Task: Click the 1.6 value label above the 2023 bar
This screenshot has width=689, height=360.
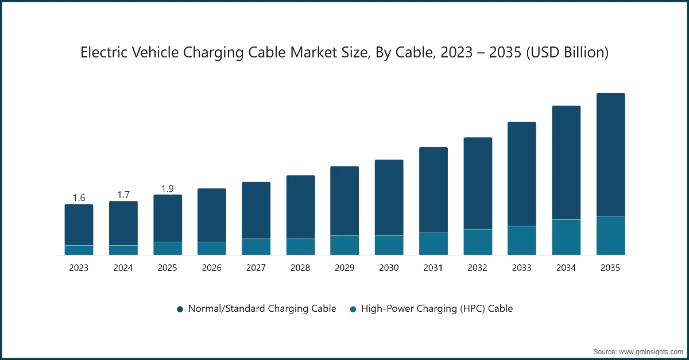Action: pos(79,198)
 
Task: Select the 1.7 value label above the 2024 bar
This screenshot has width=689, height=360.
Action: pos(123,195)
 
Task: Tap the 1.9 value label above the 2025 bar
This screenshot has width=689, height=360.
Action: pos(168,188)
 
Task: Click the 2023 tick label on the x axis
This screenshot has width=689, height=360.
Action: pos(79,268)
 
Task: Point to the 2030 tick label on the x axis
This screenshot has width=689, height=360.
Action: pos(389,268)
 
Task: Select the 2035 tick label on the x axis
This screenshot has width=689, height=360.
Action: pos(610,268)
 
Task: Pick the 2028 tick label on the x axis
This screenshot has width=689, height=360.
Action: pos(300,268)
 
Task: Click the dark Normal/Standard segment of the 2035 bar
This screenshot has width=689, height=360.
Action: pos(610,155)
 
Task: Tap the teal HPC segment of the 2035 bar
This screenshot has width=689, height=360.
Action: pos(610,235)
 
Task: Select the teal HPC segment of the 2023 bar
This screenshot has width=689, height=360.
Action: pos(79,250)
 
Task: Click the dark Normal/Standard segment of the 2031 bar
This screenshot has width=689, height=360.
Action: pos(433,189)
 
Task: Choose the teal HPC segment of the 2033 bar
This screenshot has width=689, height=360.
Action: pos(522,240)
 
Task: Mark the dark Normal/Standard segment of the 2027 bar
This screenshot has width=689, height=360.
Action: pos(256,210)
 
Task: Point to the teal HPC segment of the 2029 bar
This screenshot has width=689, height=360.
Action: pos(344,245)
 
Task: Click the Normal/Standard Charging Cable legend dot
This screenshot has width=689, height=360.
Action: pos(180,309)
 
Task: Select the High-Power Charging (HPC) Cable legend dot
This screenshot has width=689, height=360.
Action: pos(353,309)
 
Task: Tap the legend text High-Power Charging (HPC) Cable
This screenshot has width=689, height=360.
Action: pos(436,308)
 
